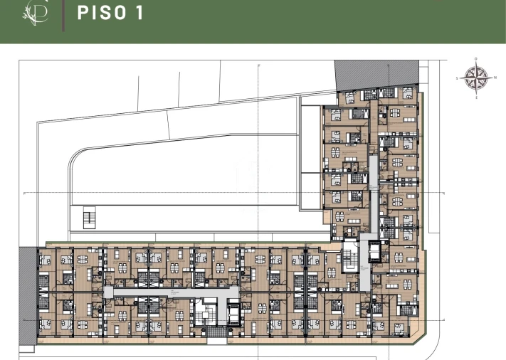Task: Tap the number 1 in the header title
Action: pos(137,13)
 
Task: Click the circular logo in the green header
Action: pos(37,12)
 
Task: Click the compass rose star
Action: pos(476,78)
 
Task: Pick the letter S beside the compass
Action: pos(459,78)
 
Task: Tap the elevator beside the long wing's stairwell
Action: pos(233,311)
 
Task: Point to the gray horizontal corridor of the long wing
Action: pos(171,291)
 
